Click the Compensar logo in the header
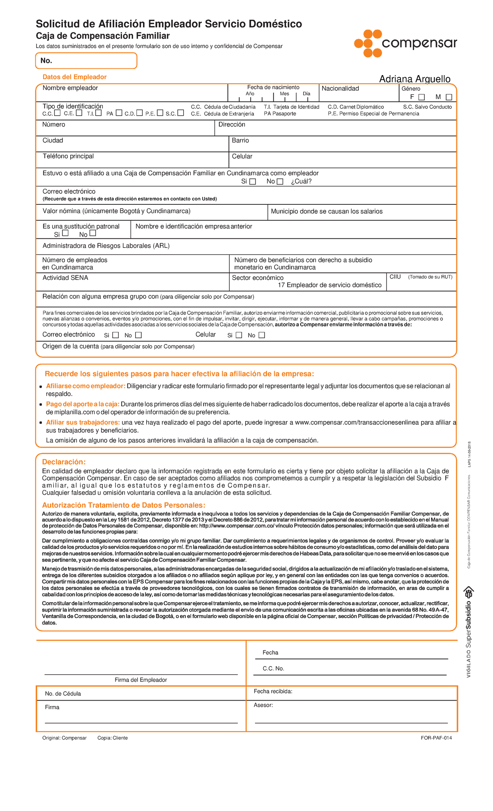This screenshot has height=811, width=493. tap(405, 44)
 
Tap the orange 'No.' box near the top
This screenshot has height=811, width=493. tap(86, 61)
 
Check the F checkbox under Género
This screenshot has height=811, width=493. tap(422, 97)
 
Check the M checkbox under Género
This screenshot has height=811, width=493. tap(449, 97)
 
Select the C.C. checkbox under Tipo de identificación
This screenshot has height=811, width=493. tap(58, 113)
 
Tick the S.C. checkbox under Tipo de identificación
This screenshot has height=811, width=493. tap(180, 113)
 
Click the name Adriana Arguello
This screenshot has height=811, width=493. tap(415, 79)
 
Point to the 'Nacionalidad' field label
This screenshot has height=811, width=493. tap(340, 89)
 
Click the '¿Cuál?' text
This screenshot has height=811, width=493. tap(301, 181)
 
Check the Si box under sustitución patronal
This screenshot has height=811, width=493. tap(65, 234)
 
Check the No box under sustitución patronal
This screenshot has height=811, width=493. tap(92, 234)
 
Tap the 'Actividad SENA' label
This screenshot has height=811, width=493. tap(65, 278)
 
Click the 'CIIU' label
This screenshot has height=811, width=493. tap(395, 277)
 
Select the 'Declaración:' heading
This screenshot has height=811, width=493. tap(64, 462)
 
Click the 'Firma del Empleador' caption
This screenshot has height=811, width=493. tap(141, 680)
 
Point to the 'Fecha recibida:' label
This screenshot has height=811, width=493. tap(273, 692)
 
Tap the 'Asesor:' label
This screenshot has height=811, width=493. tap(263, 705)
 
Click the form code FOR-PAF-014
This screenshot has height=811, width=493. tap(436, 738)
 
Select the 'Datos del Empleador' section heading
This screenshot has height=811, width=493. tap(74, 77)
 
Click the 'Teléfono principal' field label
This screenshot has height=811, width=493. tap(68, 156)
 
